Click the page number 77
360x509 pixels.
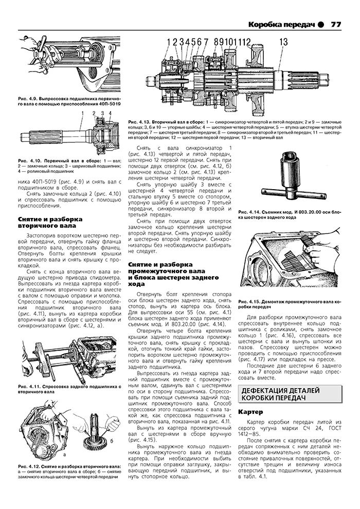pos(336,24)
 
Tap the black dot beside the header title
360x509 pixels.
pos(321,24)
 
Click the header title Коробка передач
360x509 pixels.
pos(281,24)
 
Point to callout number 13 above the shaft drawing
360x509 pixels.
pos(284,42)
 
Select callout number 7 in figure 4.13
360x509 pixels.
pos(206,42)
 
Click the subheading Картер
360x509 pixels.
pos(251,412)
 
